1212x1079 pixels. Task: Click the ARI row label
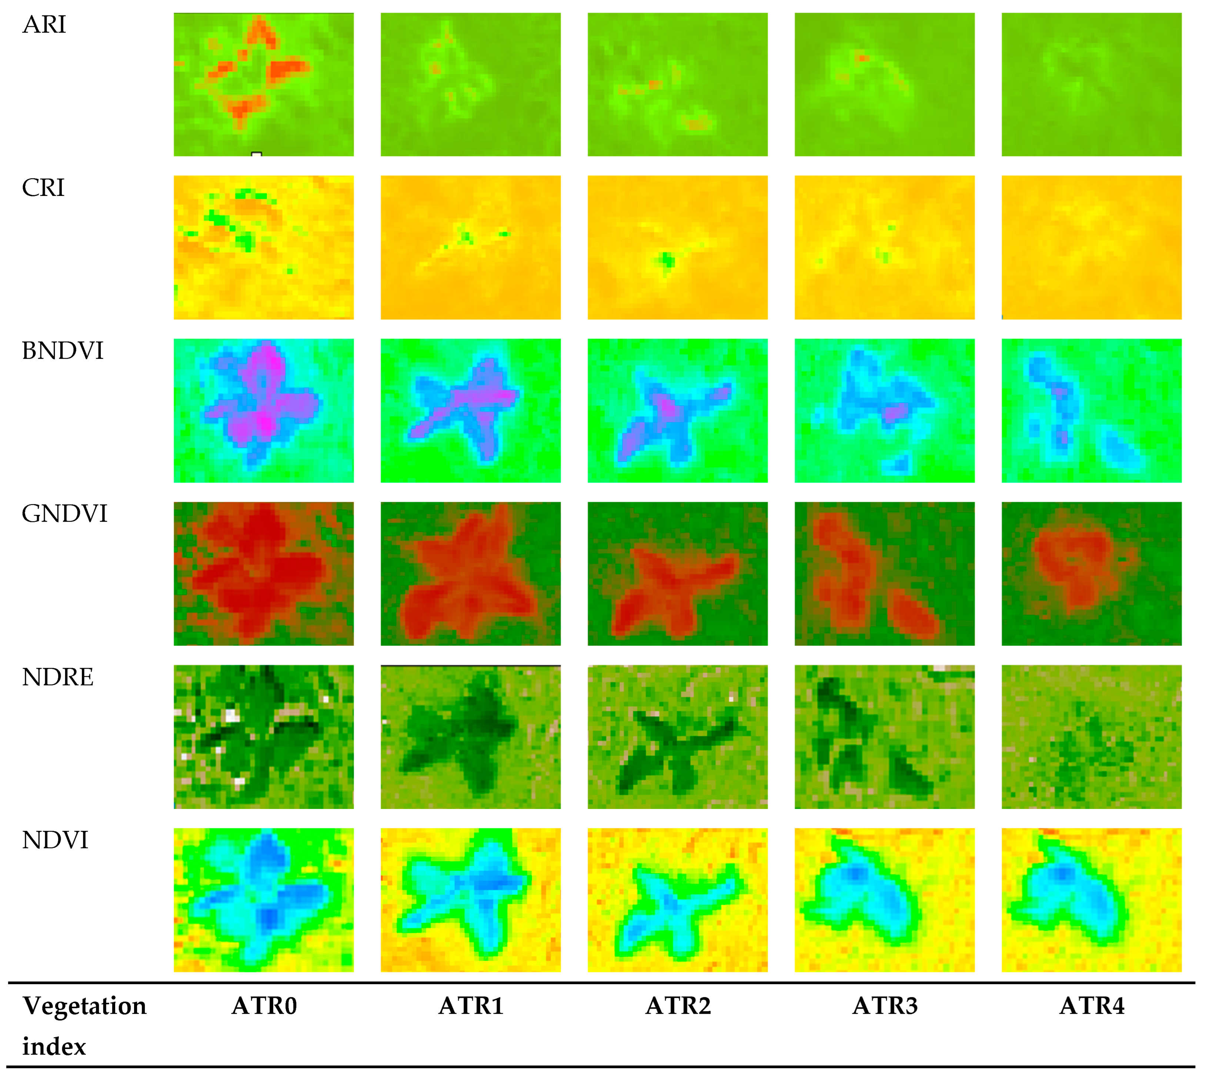pos(44,25)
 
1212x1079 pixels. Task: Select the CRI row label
pos(43,188)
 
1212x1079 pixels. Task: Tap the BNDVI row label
pos(62,351)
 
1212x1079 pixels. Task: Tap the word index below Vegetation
pos(54,1047)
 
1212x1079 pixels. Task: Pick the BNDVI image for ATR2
pos(678,410)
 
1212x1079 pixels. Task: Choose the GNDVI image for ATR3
pos(885,574)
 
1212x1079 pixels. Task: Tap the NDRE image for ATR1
pos(471,737)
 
